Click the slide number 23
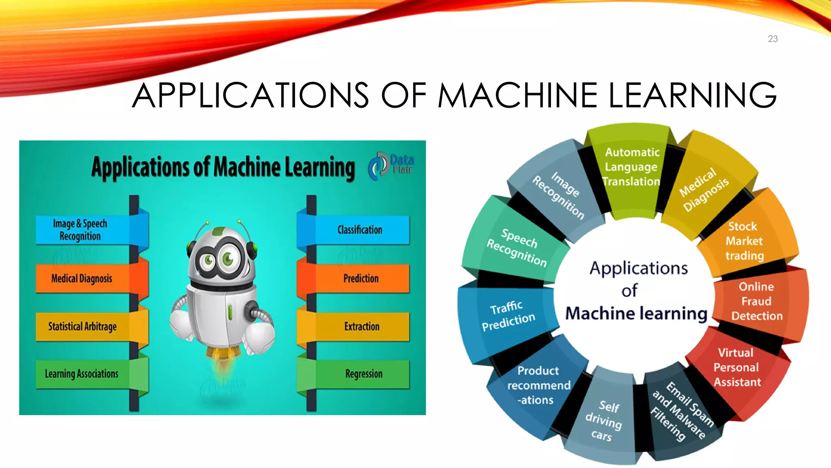click(x=773, y=39)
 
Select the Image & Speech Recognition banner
click(x=81, y=230)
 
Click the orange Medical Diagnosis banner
click(x=82, y=279)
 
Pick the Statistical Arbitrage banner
click(x=83, y=327)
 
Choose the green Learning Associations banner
click(x=82, y=374)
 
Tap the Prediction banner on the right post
click(x=361, y=279)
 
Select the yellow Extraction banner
click(x=362, y=327)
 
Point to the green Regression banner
click(x=364, y=374)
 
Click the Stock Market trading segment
click(x=745, y=241)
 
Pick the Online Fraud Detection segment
click(x=756, y=301)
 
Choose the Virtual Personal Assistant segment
click(x=736, y=368)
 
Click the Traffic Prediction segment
click(x=508, y=316)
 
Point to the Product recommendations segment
click(x=538, y=385)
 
